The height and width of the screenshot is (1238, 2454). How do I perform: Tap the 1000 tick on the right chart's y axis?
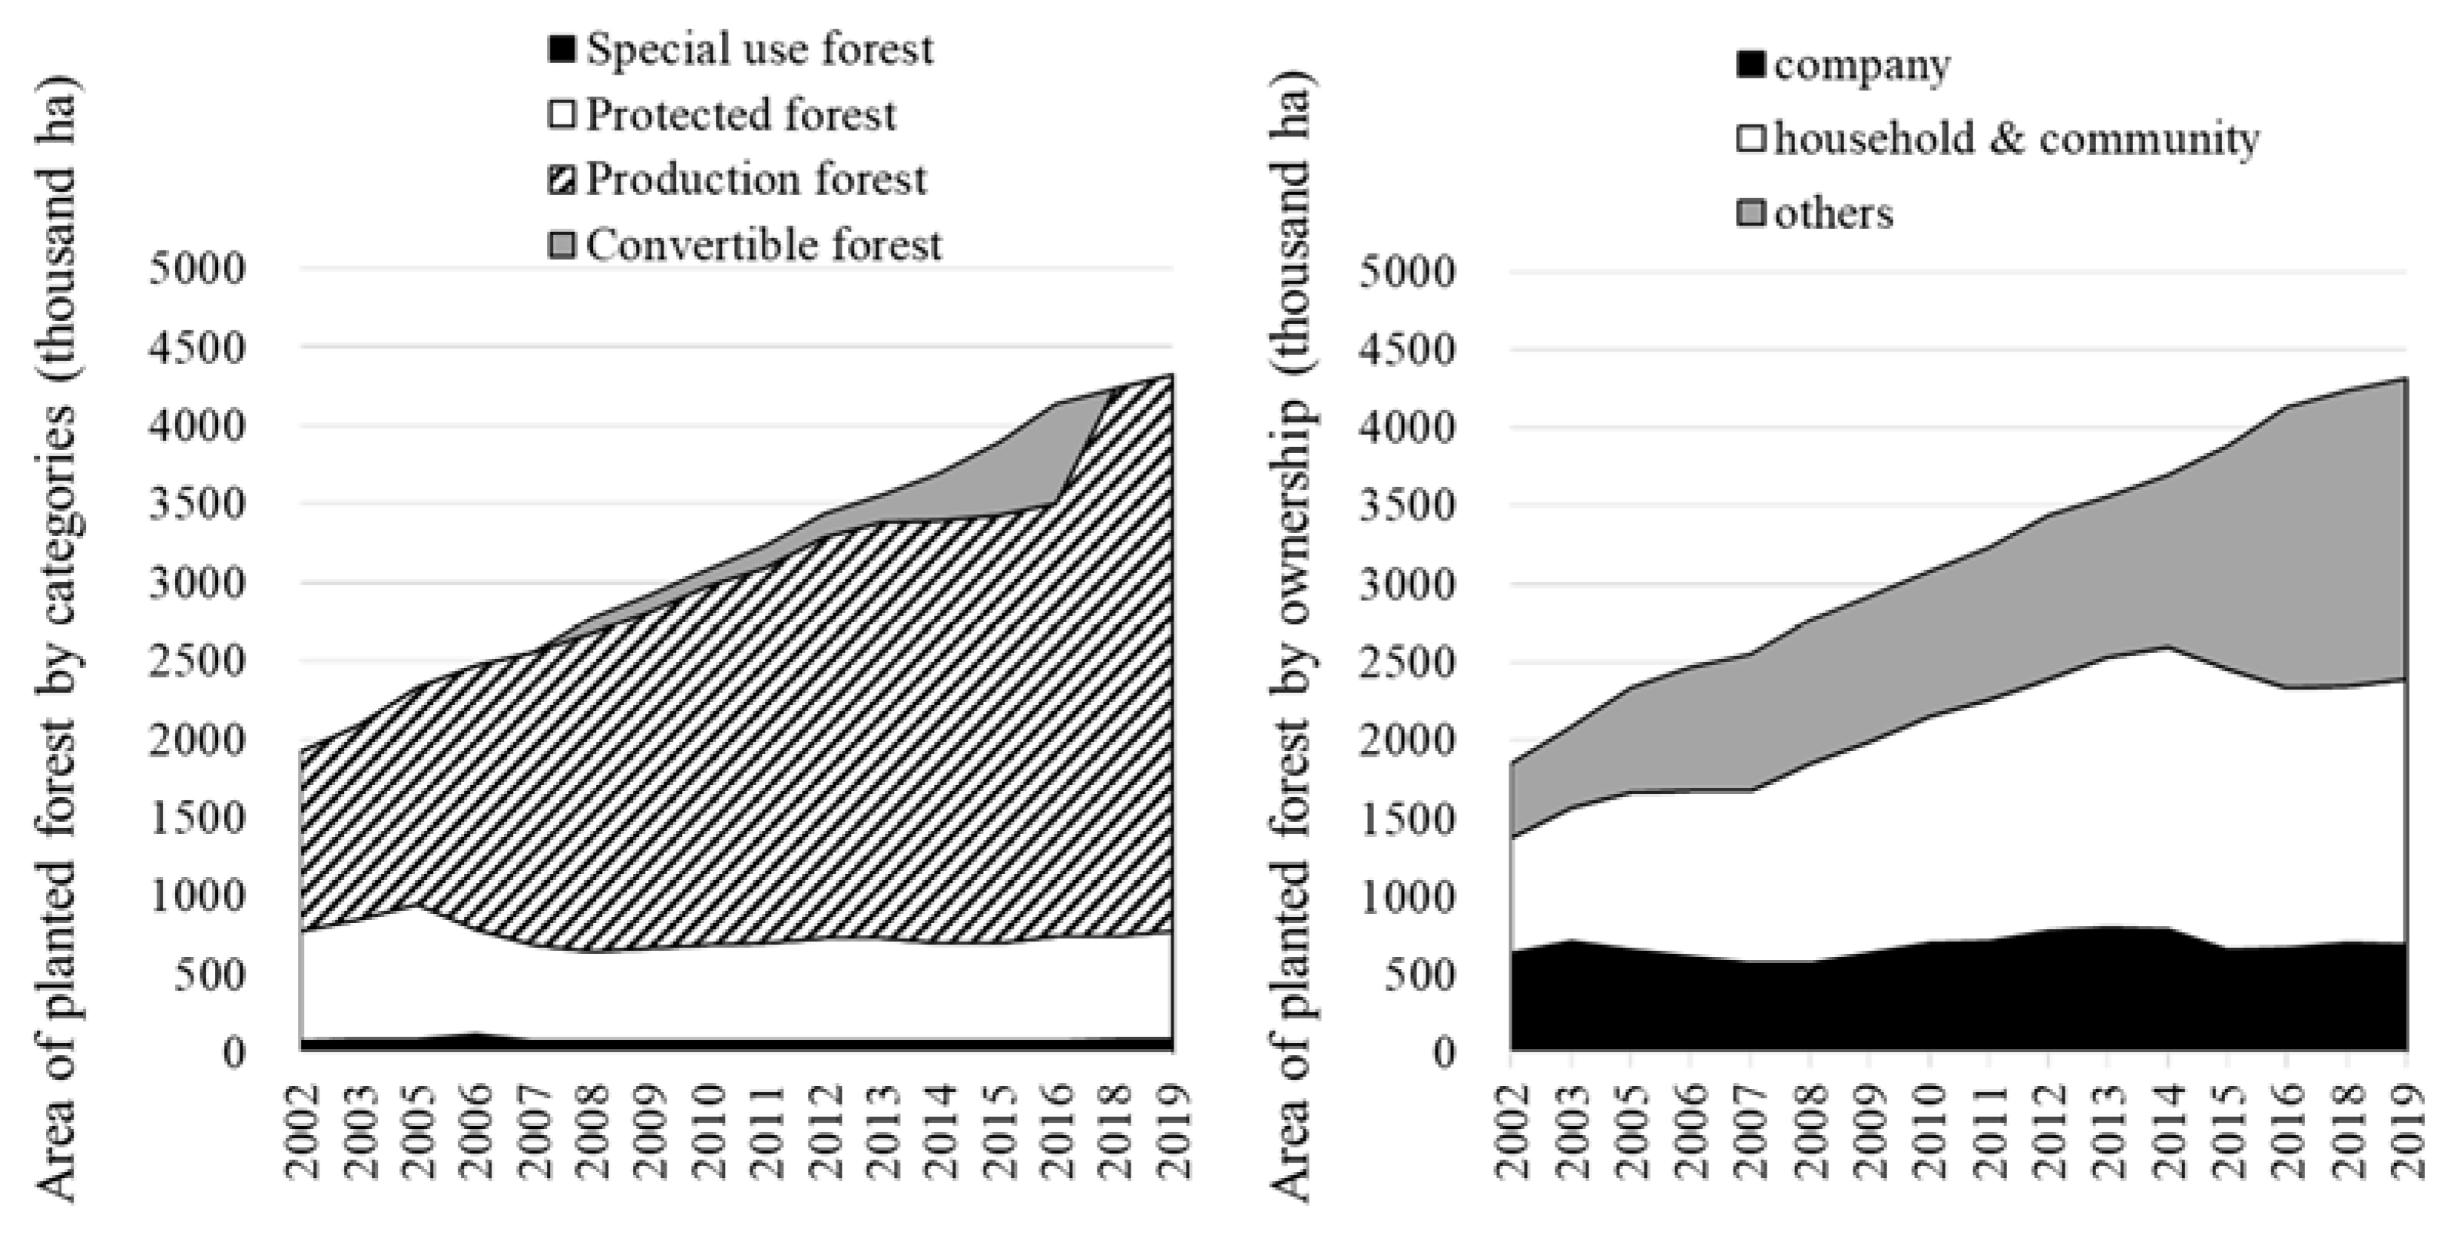pyautogui.click(x=1407, y=897)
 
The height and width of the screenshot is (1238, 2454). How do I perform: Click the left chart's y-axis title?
pyautogui.click(x=57, y=638)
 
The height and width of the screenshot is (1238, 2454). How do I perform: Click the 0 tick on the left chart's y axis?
pyautogui.click(x=234, y=1052)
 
